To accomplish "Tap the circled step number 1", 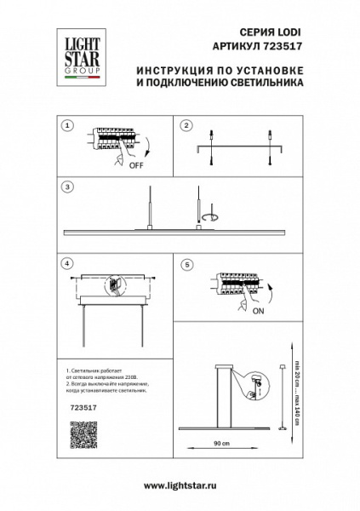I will (x=68, y=125).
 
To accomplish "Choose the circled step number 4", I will (x=68, y=263).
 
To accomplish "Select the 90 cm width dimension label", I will (x=220, y=445).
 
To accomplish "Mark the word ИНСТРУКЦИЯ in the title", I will (x=174, y=72).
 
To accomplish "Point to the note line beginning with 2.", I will (x=106, y=388).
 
